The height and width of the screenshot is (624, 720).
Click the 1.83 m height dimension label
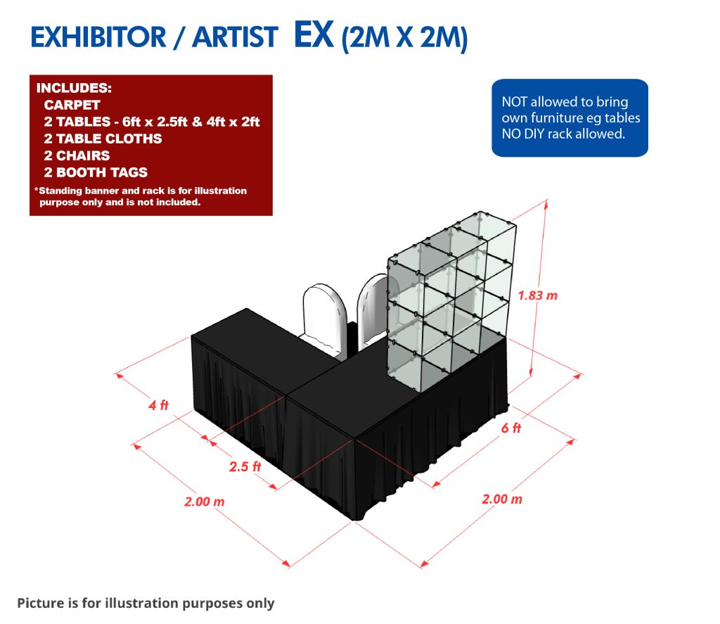coord(538,295)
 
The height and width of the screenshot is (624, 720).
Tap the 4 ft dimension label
coord(158,405)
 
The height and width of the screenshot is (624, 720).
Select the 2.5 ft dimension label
coord(245,467)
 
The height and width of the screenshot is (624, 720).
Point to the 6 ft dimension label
coord(511,428)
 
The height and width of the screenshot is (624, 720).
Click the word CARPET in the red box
coord(72,105)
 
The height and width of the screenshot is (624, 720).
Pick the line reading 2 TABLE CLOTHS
coord(103,139)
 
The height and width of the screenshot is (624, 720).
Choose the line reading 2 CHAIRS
coord(77,155)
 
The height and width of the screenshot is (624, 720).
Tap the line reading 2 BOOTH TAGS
coord(96,172)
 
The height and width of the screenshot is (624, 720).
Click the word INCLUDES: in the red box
coord(74,88)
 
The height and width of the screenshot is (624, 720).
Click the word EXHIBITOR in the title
coord(98,37)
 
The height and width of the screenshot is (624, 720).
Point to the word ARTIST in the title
coord(235,37)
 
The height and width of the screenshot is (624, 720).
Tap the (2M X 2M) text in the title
coord(404,38)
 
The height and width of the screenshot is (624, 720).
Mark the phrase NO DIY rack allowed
coord(563,134)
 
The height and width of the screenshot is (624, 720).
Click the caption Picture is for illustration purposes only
coord(146,604)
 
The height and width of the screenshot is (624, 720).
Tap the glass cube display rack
coord(451,301)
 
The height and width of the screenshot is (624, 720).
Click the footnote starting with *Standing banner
coord(141,196)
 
